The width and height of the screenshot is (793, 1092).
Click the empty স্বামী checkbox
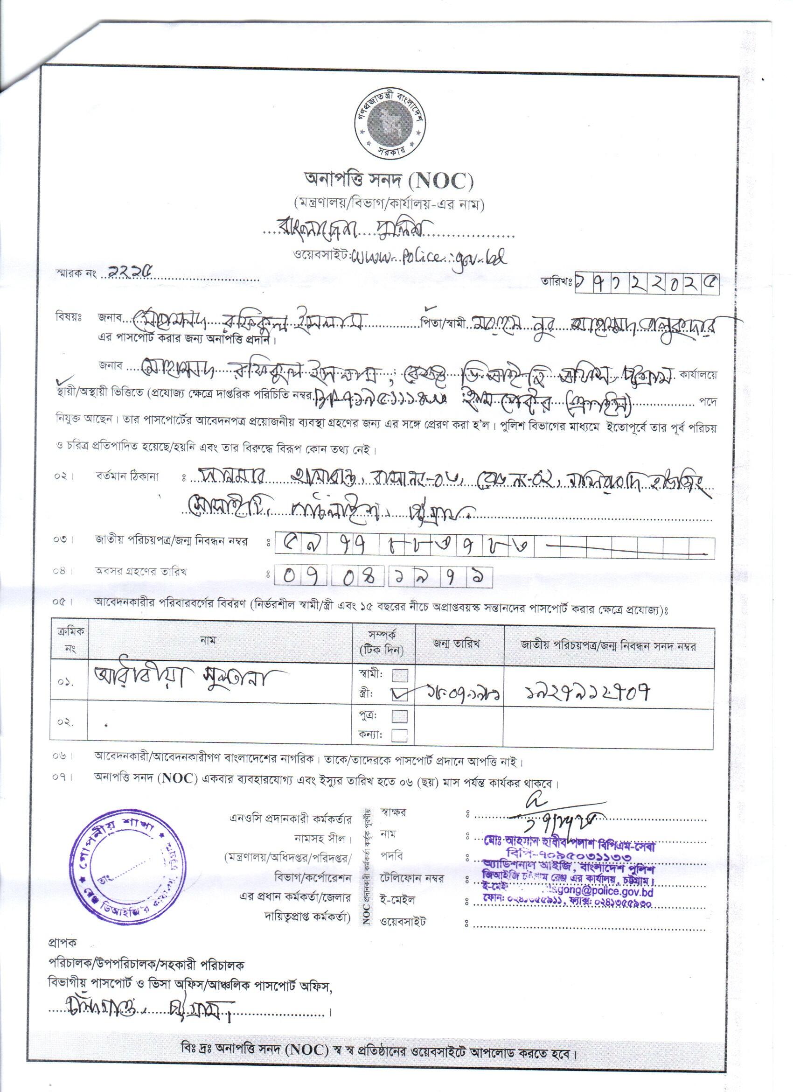tap(400, 675)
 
